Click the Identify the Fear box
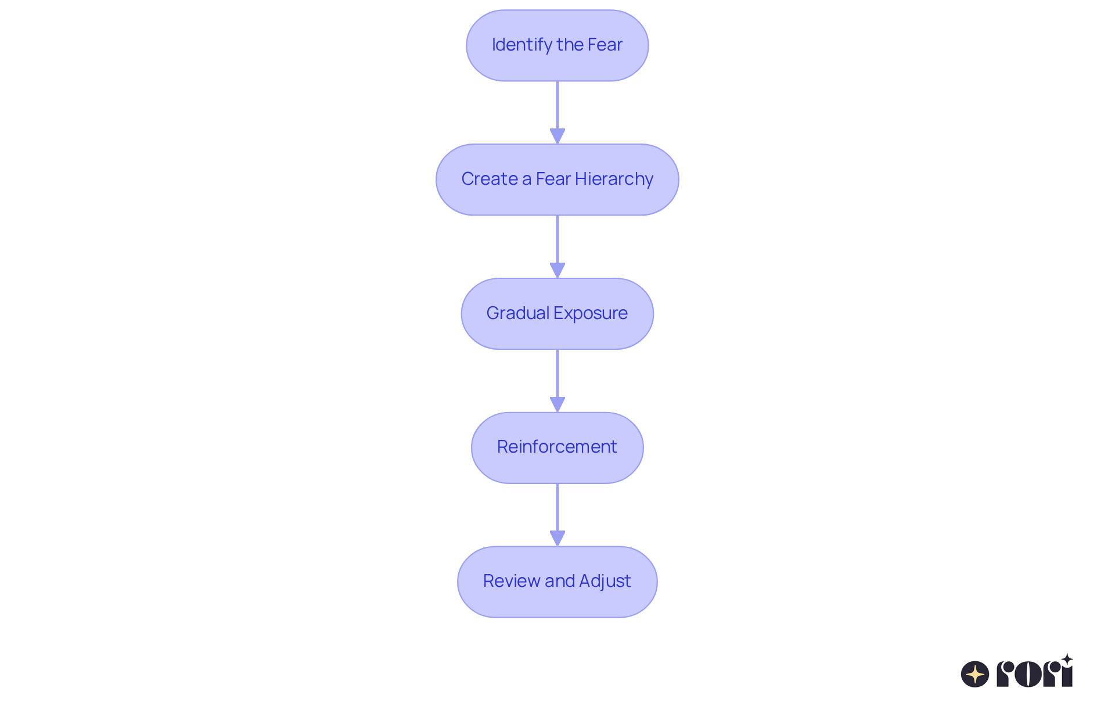click(557, 45)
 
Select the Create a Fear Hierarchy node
click(557, 180)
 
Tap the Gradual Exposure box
click(557, 314)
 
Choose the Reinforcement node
click(557, 447)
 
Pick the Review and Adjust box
click(557, 582)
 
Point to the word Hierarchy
click(614, 179)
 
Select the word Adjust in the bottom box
click(605, 581)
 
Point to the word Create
click(490, 179)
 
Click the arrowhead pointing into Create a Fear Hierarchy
click(557, 136)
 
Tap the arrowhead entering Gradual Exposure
click(557, 270)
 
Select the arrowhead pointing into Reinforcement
click(557, 404)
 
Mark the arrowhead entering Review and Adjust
click(557, 538)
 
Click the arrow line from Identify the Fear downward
click(557, 105)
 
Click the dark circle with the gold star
click(975, 674)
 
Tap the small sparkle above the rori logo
click(1067, 660)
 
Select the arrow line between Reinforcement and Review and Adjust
click(557, 507)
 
